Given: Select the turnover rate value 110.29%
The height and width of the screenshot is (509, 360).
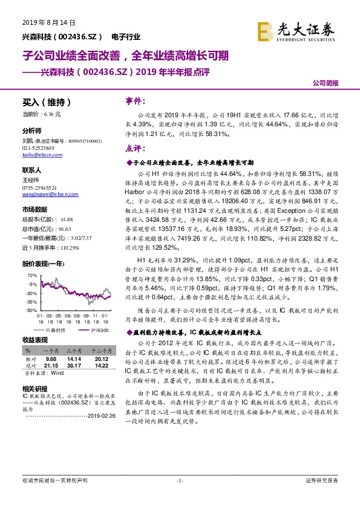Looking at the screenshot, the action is pyautogui.click(x=68, y=248).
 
